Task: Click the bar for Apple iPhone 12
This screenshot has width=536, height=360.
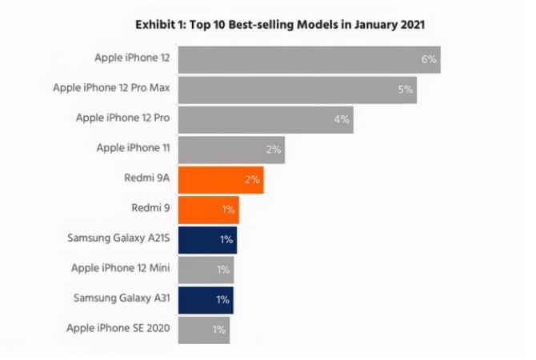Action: [x=309, y=60]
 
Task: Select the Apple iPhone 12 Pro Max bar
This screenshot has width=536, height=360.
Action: [x=297, y=90]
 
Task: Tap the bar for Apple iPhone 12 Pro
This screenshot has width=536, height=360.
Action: [x=265, y=119]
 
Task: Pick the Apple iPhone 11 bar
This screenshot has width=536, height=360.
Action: [x=230, y=150]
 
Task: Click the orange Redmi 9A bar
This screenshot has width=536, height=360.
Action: [x=220, y=180]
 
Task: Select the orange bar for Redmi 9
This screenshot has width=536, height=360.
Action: [x=208, y=210]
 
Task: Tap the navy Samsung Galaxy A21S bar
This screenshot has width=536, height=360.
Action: [x=206, y=240]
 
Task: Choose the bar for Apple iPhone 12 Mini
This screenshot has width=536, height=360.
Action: [x=206, y=270]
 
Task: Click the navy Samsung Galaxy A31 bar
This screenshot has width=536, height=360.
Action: [x=206, y=299]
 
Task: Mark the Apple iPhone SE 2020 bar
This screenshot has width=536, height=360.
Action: [x=203, y=330]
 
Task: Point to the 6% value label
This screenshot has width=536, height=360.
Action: [x=429, y=60]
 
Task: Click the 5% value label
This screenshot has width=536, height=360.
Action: [x=406, y=90]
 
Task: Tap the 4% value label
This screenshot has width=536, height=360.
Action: [x=342, y=119]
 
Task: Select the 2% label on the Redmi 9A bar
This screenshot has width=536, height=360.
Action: [x=252, y=180]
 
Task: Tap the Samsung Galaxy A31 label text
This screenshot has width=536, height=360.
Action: [x=121, y=298]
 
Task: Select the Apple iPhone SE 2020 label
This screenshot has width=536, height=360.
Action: [x=118, y=328]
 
